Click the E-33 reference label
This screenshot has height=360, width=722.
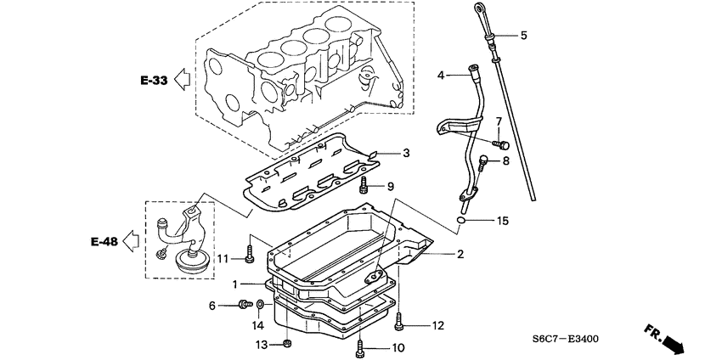(x=155, y=81)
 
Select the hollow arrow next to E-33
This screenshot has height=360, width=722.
(x=181, y=81)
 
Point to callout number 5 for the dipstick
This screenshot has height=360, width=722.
(x=523, y=36)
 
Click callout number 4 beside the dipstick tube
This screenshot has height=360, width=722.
(x=441, y=76)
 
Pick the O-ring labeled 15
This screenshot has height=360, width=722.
(x=460, y=222)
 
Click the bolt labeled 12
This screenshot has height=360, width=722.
(x=398, y=323)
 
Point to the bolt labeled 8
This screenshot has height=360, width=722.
(x=484, y=160)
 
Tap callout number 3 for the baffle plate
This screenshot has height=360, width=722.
(x=406, y=153)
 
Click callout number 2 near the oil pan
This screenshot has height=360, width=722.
(x=460, y=253)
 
